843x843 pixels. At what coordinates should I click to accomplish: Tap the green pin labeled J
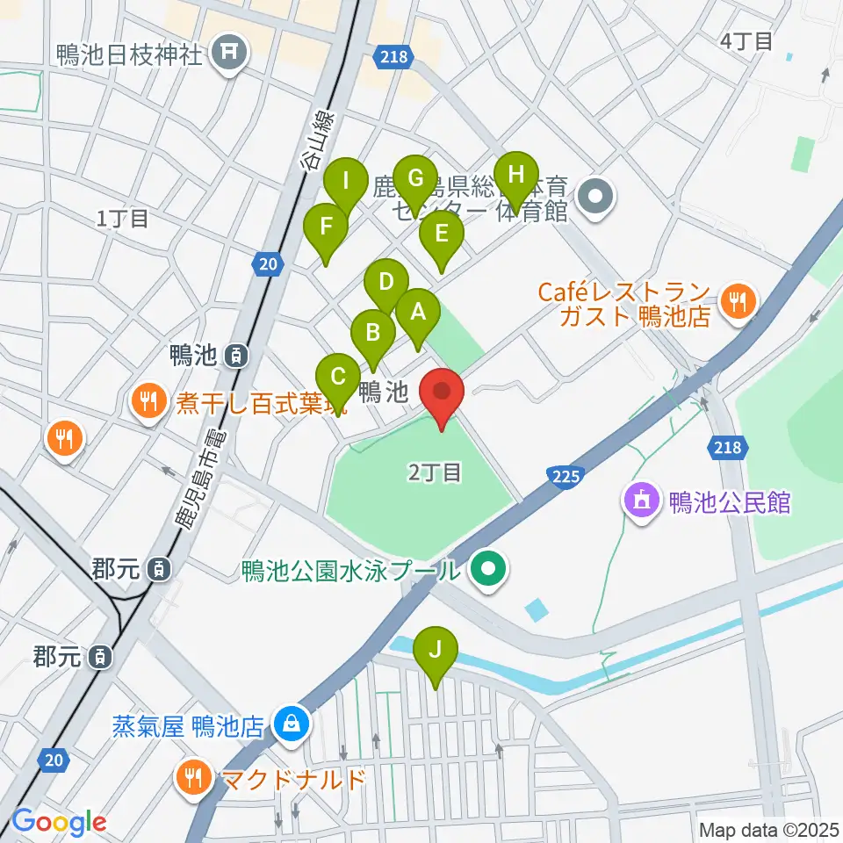coord(436,652)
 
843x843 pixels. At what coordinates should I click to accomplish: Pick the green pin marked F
coord(326,227)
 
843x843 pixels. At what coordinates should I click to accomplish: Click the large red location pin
coord(442,393)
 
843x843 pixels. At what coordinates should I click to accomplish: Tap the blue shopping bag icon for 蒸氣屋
coord(290,725)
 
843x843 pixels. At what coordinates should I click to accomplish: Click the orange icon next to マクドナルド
coord(192,777)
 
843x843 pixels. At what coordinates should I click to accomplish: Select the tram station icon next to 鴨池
coord(235,356)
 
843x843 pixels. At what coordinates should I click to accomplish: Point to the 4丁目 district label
coord(746,40)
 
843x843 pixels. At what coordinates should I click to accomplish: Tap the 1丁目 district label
coord(123,219)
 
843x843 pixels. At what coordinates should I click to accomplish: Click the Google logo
coord(59,821)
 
